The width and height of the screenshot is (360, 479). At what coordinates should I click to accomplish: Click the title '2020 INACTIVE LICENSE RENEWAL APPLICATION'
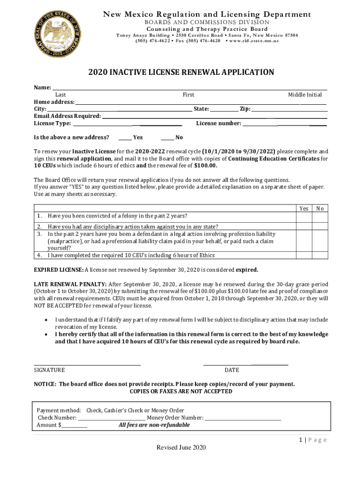click(181, 72)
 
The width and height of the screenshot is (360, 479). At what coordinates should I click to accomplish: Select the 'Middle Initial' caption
click(304, 95)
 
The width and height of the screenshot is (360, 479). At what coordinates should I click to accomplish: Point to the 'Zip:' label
click(245, 109)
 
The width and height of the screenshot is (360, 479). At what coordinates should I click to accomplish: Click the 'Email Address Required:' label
click(67, 116)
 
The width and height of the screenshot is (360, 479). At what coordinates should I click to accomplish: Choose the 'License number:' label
click(218, 123)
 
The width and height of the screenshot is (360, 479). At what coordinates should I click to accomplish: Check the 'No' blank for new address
click(167, 138)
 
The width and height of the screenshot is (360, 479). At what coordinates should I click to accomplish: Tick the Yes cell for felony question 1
click(303, 216)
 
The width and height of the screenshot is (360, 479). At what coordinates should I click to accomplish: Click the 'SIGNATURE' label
click(50, 370)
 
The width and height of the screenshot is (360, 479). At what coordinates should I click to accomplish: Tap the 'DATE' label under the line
click(231, 370)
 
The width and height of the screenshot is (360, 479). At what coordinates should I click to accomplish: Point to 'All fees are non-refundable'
click(154, 425)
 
